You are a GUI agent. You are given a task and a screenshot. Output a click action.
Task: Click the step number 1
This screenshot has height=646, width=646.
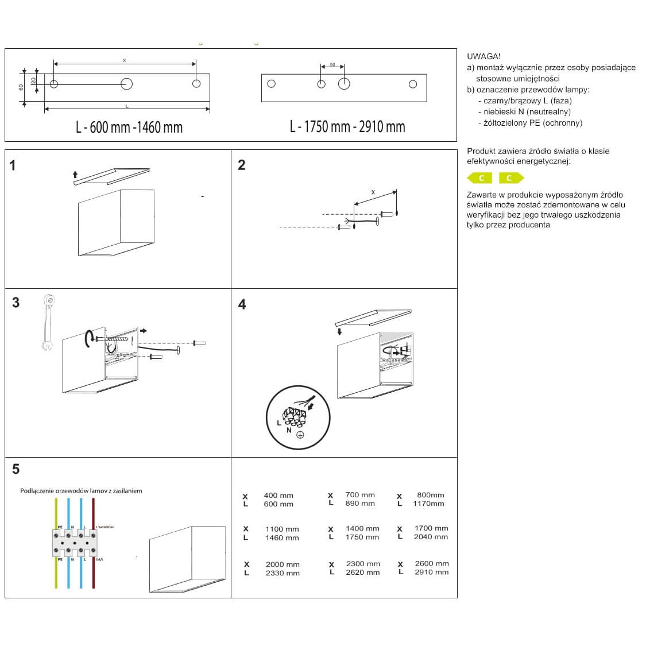pos(13,166)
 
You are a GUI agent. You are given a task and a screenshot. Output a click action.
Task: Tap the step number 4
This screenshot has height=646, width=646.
pos(242,304)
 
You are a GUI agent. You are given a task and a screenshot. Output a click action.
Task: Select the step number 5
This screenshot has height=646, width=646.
pos(16,469)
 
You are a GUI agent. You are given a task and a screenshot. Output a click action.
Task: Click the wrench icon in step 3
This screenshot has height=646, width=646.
pos(49,322)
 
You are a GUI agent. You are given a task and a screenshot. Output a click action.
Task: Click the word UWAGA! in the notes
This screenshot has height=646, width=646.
pos(483,56)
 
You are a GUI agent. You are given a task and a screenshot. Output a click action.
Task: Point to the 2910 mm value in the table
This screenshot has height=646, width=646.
pos(431,572)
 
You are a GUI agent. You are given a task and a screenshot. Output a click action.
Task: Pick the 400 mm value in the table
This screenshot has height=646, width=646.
pos(278,496)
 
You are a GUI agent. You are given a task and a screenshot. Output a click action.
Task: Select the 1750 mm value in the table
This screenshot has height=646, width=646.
pos(362,537)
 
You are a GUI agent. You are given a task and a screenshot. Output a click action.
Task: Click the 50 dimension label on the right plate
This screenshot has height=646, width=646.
pos(332,65)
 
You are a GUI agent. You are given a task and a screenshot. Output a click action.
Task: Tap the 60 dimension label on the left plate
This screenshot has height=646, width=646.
pos(21,87)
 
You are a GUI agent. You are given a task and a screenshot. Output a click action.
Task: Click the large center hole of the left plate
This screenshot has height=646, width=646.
pos(126,84)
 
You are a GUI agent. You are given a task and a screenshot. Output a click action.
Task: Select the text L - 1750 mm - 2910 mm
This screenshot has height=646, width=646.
pos(347,127)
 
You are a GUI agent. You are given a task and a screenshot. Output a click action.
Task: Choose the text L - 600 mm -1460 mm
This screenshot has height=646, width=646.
pos(129,127)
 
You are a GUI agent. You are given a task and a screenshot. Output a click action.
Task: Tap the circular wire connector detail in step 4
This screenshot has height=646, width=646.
pos(298,417)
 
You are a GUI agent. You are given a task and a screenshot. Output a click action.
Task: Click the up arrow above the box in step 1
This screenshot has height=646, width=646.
pos(75,174)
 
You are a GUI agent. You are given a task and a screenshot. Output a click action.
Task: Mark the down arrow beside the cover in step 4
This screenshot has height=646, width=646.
pos(339,331)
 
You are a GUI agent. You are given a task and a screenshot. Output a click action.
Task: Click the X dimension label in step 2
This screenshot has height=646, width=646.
pos(373,192)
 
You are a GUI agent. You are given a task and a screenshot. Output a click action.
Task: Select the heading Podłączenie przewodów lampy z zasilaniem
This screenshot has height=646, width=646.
pos(81,491)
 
